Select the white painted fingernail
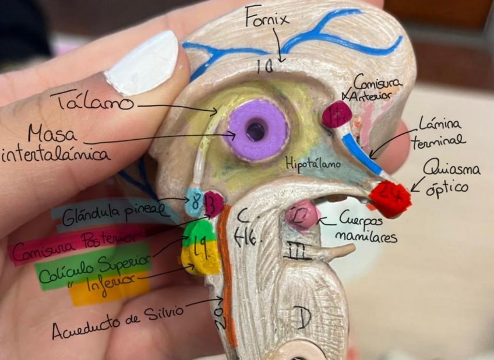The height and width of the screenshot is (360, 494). coord(142,62)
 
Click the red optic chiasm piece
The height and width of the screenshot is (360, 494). coord(390,198)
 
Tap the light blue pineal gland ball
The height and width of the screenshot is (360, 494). coord(194,201)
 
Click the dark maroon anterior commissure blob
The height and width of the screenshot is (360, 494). coord(336,115)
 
